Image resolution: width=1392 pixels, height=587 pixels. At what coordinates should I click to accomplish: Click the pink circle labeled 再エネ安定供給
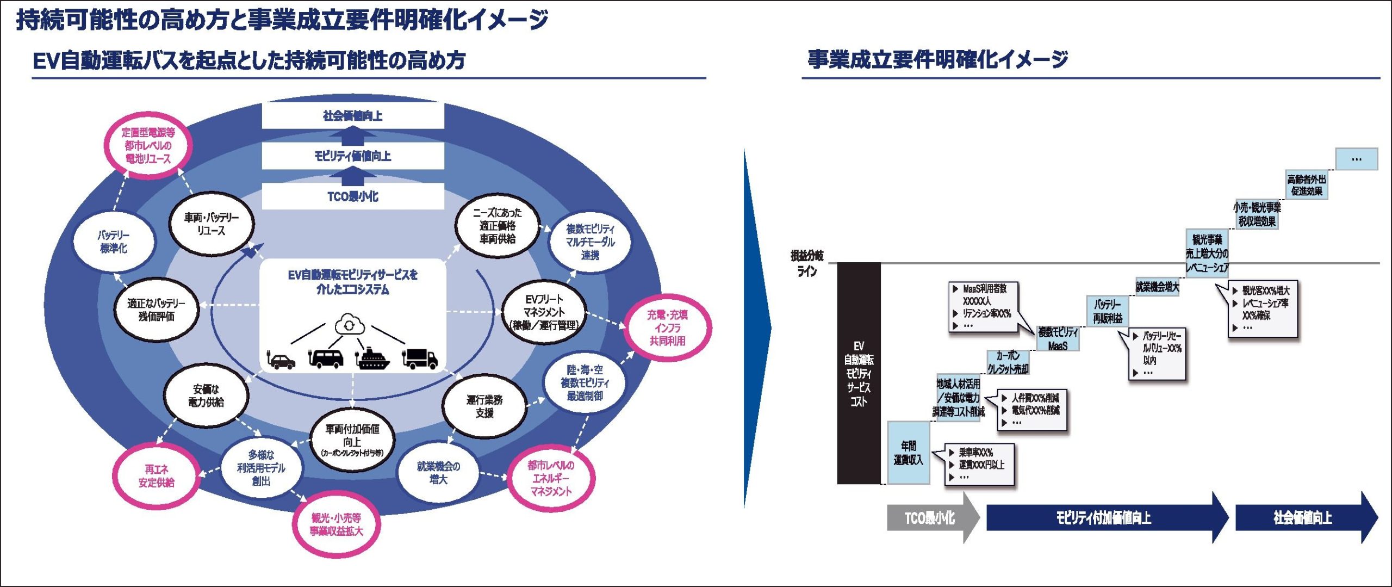[x=156, y=475]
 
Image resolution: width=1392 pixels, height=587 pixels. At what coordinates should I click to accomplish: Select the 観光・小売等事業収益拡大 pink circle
[x=336, y=524]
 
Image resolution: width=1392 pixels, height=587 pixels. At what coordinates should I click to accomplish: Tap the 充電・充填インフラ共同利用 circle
[x=667, y=328]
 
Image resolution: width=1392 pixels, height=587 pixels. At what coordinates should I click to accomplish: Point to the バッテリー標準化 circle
[x=114, y=242]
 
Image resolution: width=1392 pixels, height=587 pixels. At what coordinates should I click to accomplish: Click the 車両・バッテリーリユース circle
[x=212, y=224]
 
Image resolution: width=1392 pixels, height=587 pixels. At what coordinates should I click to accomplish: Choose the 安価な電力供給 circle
[x=206, y=396]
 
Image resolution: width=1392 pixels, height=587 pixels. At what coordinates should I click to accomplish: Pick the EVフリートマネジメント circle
[x=544, y=312]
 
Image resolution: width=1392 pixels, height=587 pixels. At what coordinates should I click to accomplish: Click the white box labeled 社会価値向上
[x=353, y=116]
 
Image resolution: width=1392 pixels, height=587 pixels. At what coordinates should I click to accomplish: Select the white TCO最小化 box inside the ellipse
[x=353, y=196]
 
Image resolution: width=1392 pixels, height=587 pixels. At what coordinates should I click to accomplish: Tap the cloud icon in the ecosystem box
[x=350, y=325]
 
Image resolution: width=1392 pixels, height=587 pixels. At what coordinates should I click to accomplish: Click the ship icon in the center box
[x=372, y=357]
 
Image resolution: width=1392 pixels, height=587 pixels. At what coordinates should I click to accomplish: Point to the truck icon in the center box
[x=420, y=358]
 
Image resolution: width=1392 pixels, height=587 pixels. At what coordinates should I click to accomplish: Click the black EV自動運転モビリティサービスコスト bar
[x=859, y=373]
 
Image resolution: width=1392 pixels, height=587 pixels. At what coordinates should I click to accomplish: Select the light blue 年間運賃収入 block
[x=908, y=453]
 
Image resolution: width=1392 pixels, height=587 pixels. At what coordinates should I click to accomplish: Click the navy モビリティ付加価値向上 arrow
[x=1104, y=518]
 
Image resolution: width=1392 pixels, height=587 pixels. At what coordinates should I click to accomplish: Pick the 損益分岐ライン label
[x=807, y=263]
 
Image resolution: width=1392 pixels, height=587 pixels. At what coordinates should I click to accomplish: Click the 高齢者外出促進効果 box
[x=1307, y=185]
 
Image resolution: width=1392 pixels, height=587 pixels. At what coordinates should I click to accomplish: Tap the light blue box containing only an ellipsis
[x=1357, y=159]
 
